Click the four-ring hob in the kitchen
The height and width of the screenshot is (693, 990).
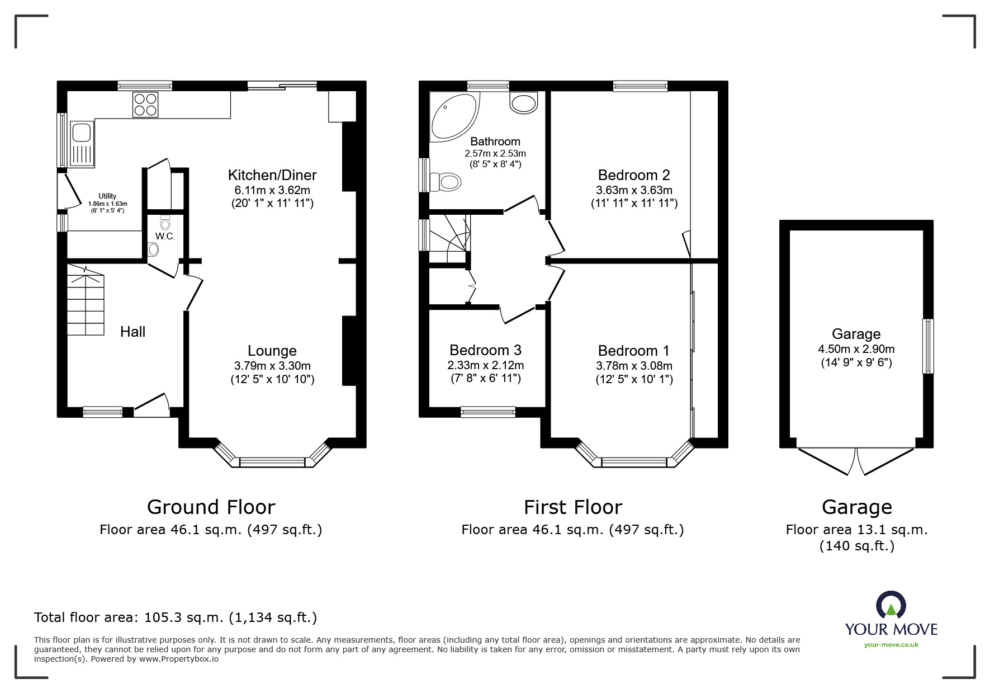145,105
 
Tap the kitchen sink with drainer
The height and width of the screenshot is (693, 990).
82,144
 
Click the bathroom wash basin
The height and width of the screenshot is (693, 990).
524,103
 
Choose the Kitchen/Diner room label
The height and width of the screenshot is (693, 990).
272,175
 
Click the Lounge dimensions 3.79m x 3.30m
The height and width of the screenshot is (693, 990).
272,366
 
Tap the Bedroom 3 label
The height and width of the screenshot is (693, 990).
485,350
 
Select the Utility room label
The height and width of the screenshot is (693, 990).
107,196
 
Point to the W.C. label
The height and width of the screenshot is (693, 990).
165,237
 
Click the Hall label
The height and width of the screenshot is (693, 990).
133,332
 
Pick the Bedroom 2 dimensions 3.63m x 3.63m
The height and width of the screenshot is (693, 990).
634,190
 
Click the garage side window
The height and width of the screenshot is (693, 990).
927,346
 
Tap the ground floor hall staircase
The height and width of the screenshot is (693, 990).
86,300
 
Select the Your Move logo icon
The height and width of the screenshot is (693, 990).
890,606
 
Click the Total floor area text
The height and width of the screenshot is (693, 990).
176,617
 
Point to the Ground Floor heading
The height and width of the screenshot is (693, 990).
211,507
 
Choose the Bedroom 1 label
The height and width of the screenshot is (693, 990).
633,351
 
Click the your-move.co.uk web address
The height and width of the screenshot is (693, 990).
891,645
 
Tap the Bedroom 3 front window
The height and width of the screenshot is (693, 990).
488,412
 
